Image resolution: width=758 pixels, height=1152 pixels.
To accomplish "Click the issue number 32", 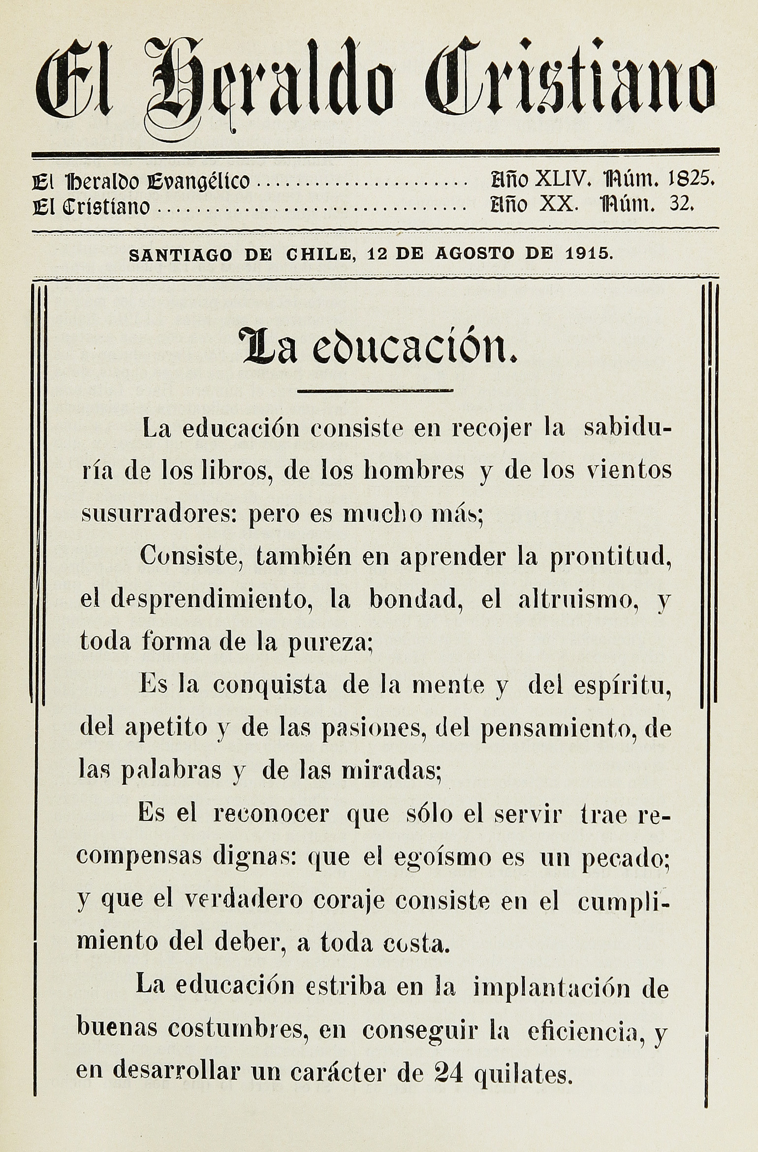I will pyautogui.click(x=681, y=204).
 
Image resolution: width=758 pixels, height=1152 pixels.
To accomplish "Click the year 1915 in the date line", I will pyautogui.click(x=588, y=254).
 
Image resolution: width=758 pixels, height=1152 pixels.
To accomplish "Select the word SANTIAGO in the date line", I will pyautogui.click(x=180, y=255).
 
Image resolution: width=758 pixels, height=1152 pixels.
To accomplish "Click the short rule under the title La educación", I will pyautogui.click(x=376, y=391).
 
